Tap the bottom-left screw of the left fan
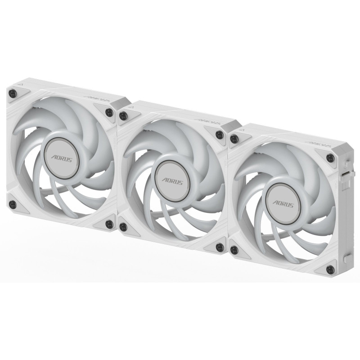[x=13, y=203]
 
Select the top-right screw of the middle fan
[x=219, y=135]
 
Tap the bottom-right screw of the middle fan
[x=220, y=246]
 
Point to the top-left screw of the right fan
[x=234, y=139]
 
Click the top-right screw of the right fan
[x=330, y=157]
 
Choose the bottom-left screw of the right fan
[x=234, y=249]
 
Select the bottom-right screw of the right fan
[x=330, y=269]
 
